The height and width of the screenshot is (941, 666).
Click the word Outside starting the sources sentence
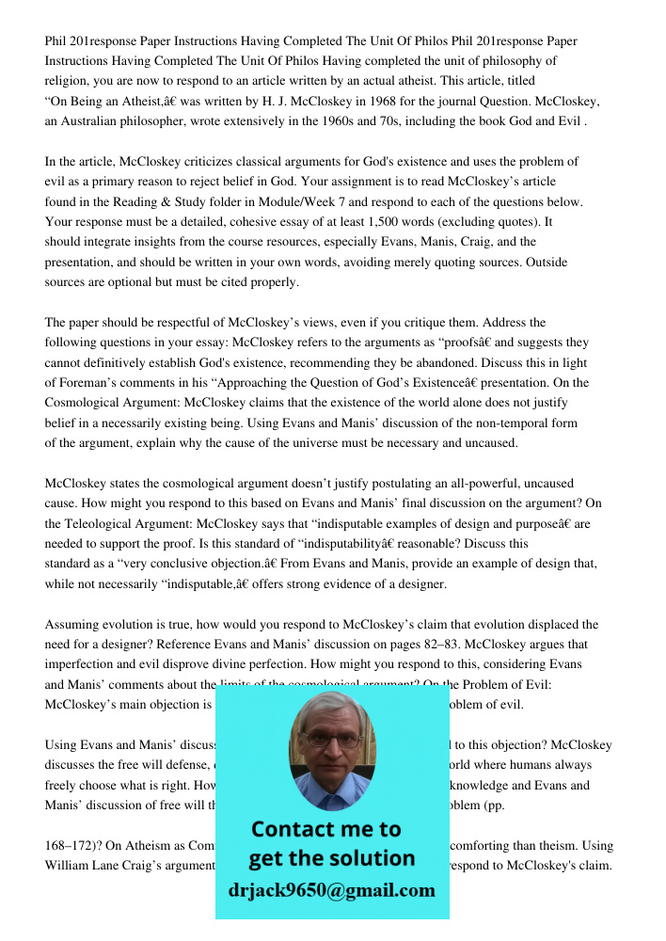click(535, 263)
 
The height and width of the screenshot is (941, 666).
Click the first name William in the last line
click(71, 866)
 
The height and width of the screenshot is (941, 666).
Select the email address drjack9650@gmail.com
click(331, 890)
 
